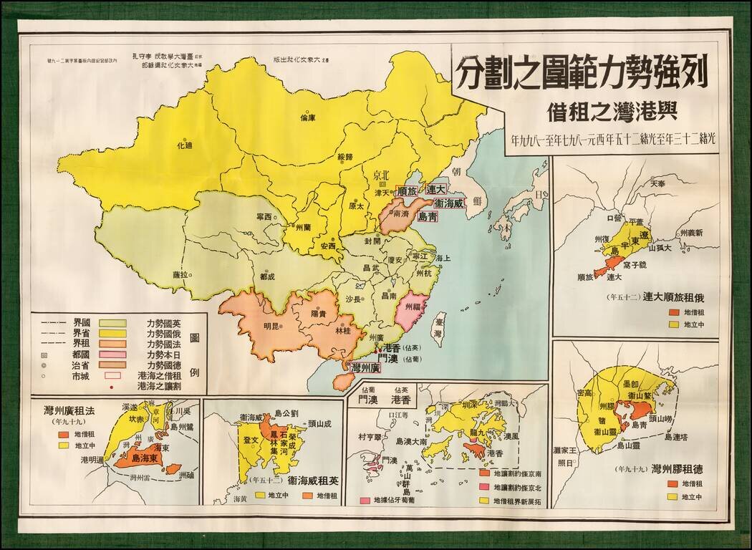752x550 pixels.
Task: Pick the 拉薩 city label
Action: [x=180, y=274]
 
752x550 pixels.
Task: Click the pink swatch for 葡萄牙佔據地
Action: [x=365, y=499]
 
